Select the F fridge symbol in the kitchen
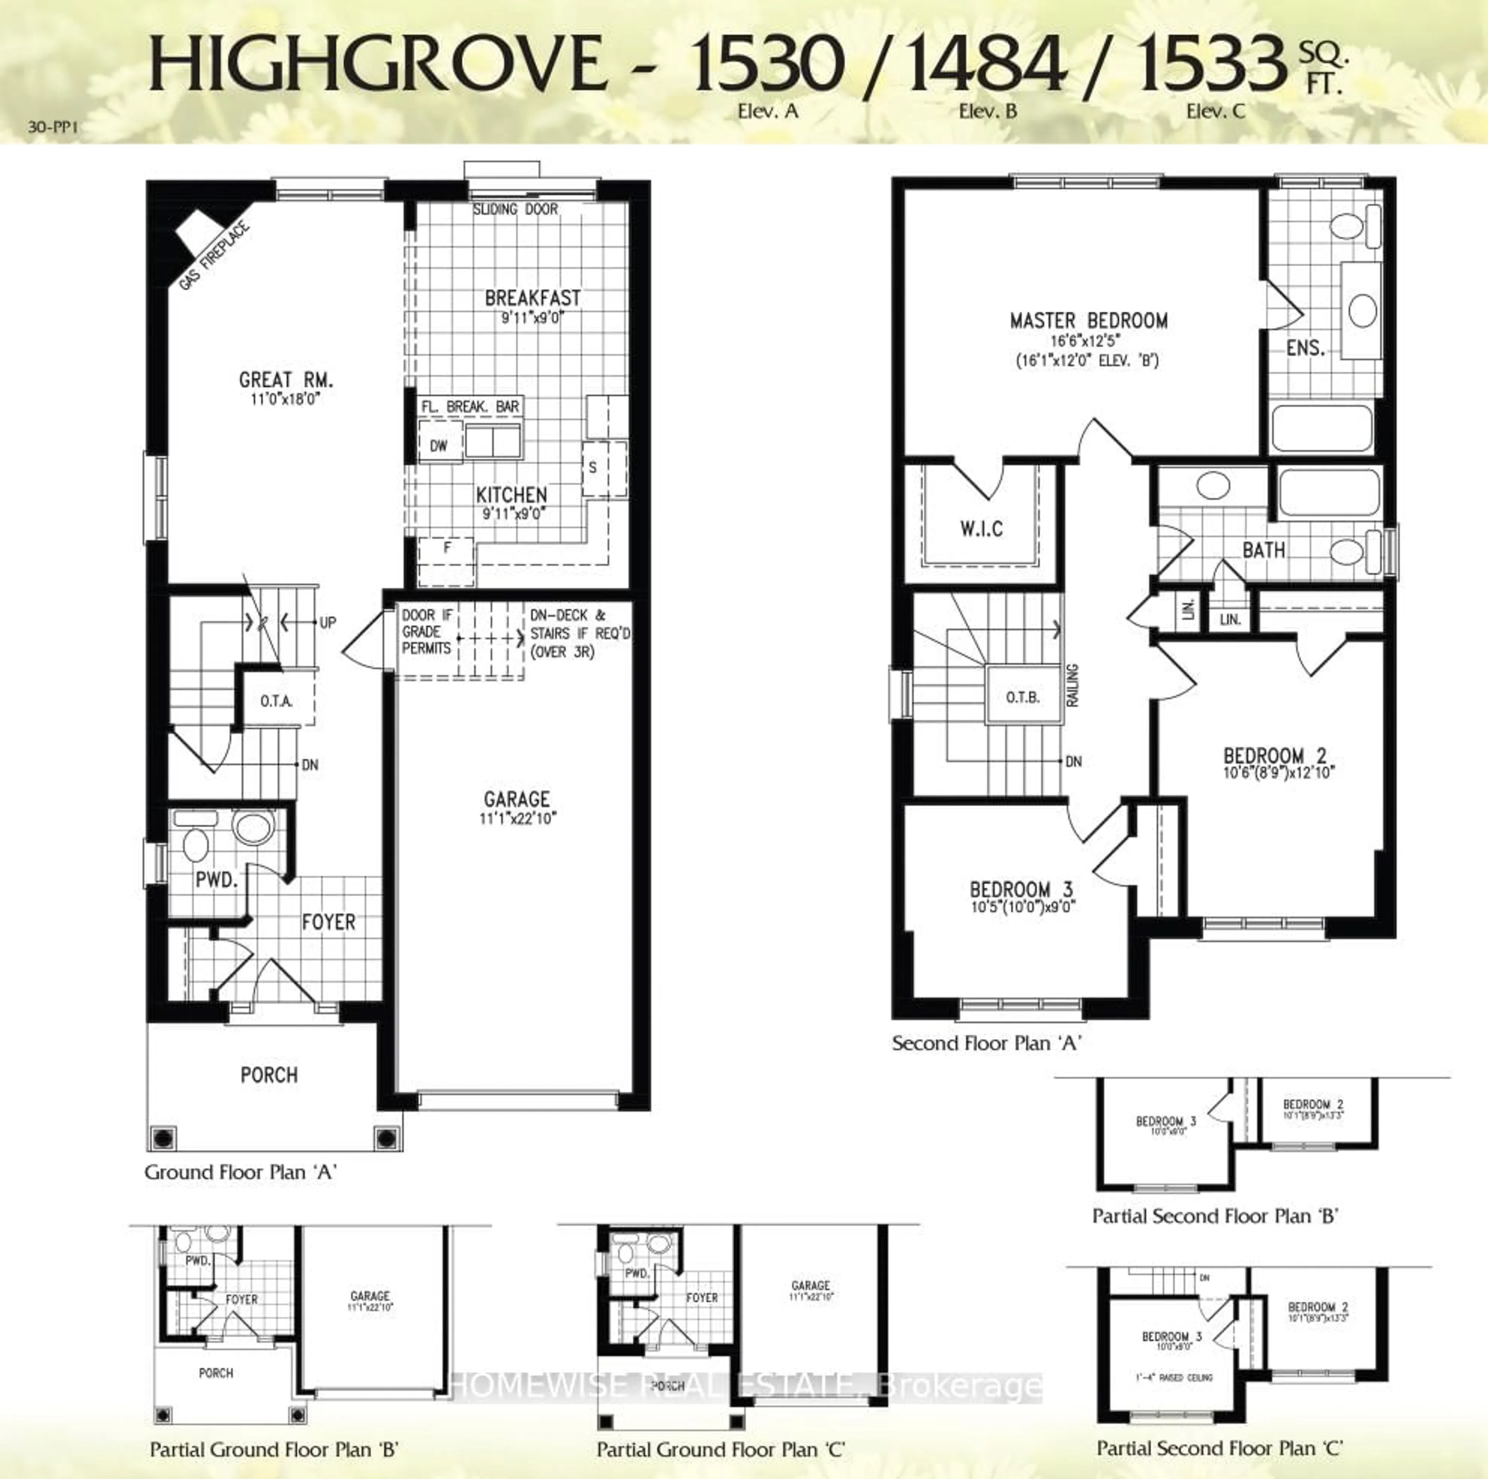[447, 548]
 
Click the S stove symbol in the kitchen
[593, 468]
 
